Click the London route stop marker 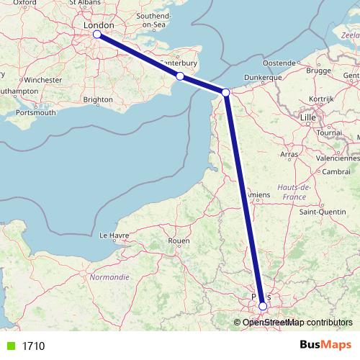(x=97, y=34)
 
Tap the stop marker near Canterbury (x=180, y=76)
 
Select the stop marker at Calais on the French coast (x=226, y=92)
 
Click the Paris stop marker (x=263, y=306)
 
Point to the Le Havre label (x=114, y=235)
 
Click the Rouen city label (x=178, y=240)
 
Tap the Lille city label (x=309, y=116)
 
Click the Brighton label (x=98, y=99)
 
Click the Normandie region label (x=109, y=276)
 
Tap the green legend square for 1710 (x=10, y=346)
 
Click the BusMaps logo (x=325, y=346)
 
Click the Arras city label (x=289, y=154)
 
